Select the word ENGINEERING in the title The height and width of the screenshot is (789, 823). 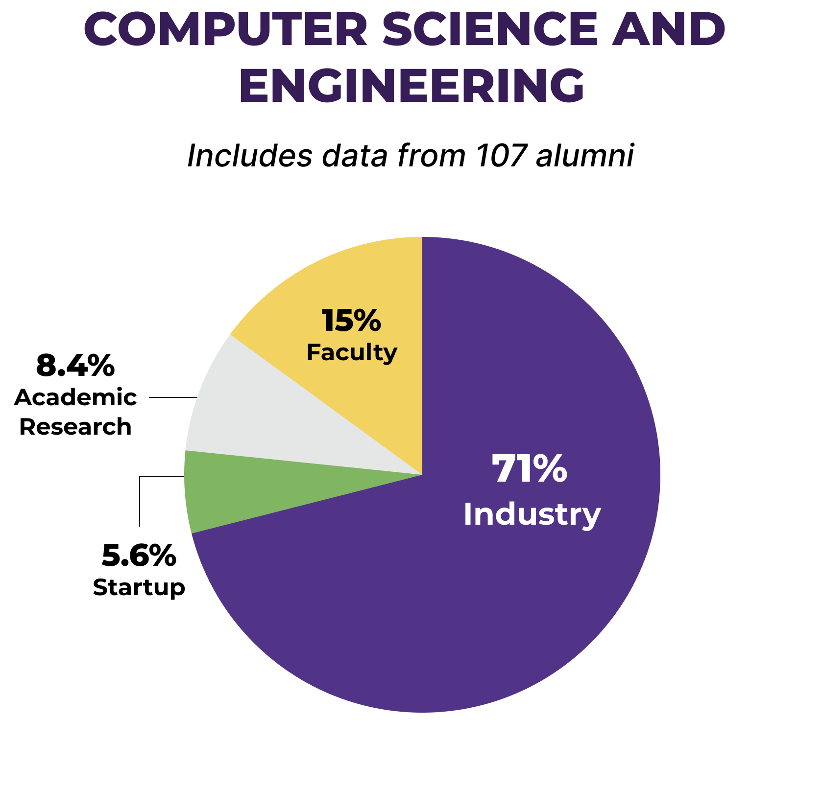tap(411, 85)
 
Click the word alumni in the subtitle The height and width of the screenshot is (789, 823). tap(585, 156)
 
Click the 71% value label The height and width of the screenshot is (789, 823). tap(530, 469)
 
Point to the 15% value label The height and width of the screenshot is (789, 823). tap(351, 321)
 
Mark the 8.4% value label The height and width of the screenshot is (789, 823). tap(75, 366)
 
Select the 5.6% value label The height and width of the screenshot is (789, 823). tap(139, 556)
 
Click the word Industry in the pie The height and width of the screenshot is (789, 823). tap(532, 515)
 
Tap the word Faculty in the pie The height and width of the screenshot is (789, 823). tap(352, 352)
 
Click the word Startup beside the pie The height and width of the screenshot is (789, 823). tap(139, 587)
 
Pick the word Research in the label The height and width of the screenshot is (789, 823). tap(75, 427)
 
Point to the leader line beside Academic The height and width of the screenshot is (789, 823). tap(173, 397)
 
